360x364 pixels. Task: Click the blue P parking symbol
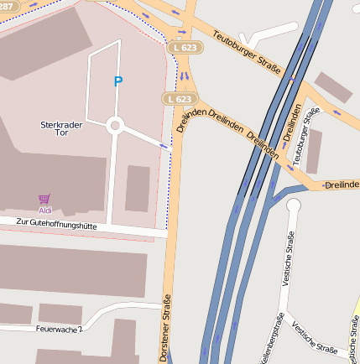click(118, 81)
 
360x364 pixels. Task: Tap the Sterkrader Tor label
click(61, 128)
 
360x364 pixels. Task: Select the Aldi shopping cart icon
click(44, 199)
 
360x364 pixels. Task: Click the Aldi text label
click(45, 210)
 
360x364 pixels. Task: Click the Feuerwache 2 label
click(60, 329)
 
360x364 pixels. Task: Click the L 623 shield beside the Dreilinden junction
click(177, 99)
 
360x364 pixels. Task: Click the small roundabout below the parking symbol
click(116, 127)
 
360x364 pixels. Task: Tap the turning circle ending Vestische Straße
click(293, 205)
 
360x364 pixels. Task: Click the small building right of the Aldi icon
click(138, 188)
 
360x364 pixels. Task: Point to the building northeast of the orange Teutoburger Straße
click(333, 88)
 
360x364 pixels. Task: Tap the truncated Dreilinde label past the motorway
click(342, 184)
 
